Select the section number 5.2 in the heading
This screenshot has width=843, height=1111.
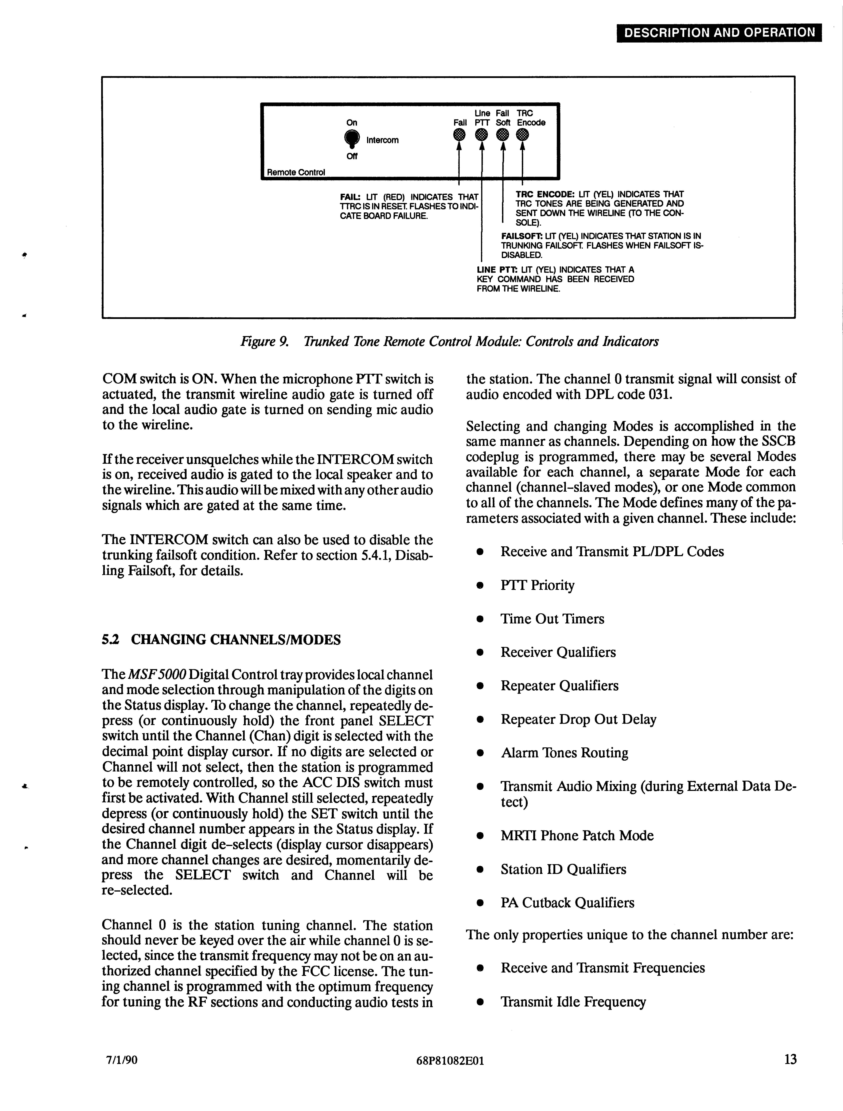pyautogui.click(x=111, y=640)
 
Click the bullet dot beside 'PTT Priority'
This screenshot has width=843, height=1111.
pyautogui.click(x=480, y=586)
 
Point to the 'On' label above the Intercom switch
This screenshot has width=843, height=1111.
pyautogui.click(x=352, y=122)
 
